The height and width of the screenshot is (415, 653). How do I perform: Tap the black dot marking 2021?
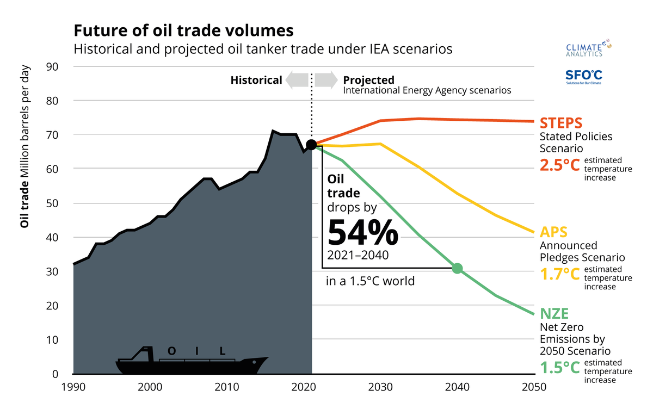pos(311,145)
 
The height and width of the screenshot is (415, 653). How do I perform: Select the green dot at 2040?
pos(457,268)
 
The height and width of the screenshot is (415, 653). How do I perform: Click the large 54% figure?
pos(362,232)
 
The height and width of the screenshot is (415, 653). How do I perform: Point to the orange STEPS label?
pos(560,122)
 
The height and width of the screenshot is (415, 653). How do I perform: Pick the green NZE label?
pos(554,314)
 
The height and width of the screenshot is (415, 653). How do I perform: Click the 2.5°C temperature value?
pos(559,165)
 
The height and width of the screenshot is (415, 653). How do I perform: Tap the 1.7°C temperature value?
pos(559,274)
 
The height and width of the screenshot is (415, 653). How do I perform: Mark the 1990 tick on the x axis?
pos(73,387)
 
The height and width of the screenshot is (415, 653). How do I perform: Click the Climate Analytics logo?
pos(584,48)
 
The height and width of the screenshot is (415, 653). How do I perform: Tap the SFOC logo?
pos(583,77)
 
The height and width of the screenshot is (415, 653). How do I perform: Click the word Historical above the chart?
pos(256,80)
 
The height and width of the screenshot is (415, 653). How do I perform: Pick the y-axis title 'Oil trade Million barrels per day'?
pos(24,147)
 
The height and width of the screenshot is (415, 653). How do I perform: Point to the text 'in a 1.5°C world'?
pos(370,281)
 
